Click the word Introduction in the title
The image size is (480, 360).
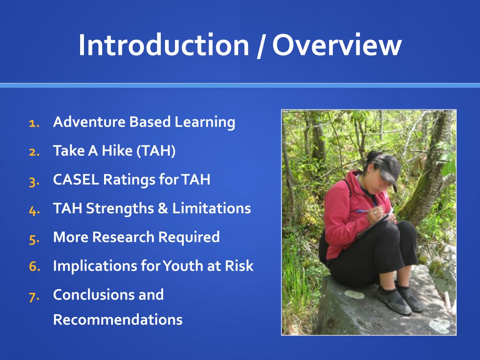(x=164, y=45)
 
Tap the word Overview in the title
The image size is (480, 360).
(x=337, y=45)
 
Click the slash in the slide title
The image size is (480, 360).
(x=261, y=46)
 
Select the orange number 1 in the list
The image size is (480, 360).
(x=34, y=123)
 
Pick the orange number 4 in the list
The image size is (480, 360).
(x=34, y=210)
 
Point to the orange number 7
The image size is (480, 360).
(x=34, y=297)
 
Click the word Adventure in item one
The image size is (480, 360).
(x=89, y=122)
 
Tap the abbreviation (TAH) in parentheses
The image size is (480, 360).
(x=156, y=150)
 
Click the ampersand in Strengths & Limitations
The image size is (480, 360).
(x=163, y=209)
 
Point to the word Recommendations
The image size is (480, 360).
(x=118, y=320)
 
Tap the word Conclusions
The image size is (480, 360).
(x=94, y=294)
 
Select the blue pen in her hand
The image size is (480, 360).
(x=364, y=211)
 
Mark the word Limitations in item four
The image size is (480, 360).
(x=211, y=208)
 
